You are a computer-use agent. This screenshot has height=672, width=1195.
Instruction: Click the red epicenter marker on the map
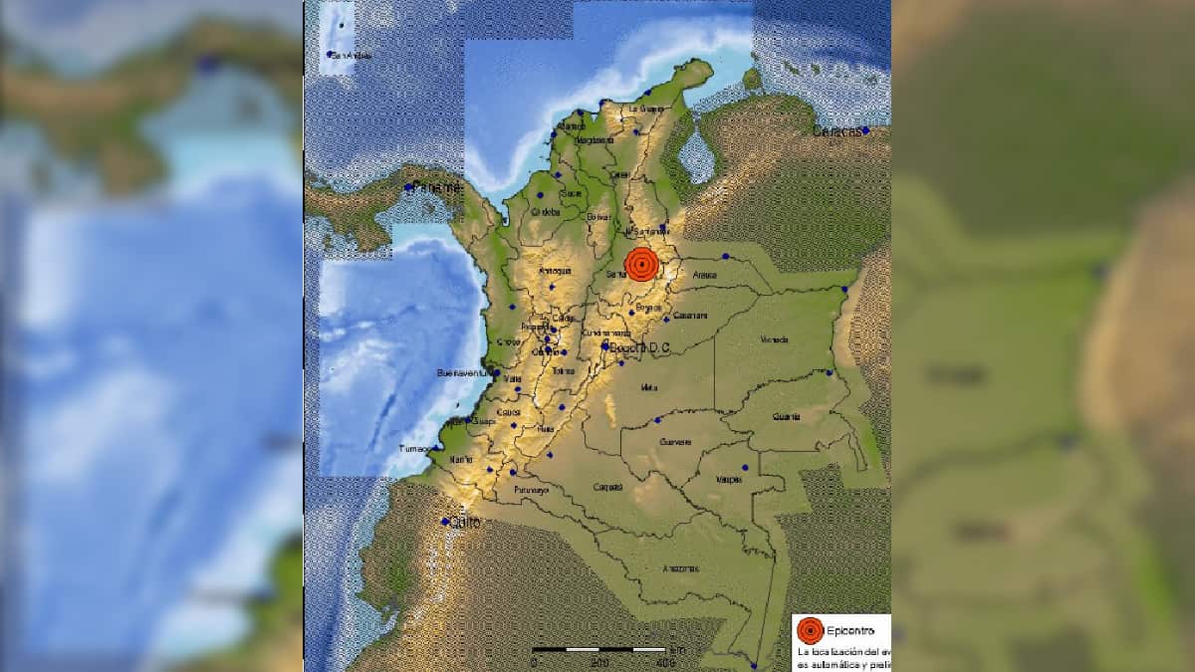click(x=642, y=265)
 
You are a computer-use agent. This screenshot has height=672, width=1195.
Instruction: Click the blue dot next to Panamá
click(x=408, y=186)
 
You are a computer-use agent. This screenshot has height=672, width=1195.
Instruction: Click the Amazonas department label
click(x=681, y=568)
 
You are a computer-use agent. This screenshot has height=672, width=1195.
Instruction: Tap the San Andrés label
click(x=342, y=55)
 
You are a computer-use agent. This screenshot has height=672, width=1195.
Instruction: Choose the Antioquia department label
click(x=555, y=270)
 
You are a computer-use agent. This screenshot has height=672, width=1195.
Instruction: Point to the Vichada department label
click(x=774, y=339)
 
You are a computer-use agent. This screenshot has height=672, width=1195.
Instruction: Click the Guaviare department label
click(x=675, y=442)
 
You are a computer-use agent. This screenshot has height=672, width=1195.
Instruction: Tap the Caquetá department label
click(x=607, y=487)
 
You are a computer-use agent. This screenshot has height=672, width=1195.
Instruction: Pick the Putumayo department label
click(x=532, y=490)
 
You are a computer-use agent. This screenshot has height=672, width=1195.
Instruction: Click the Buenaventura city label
click(x=460, y=373)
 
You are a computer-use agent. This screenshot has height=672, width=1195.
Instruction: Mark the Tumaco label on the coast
click(x=415, y=449)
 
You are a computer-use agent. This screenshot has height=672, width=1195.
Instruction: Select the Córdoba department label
click(x=546, y=211)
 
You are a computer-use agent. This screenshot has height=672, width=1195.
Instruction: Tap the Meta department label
click(x=649, y=387)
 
